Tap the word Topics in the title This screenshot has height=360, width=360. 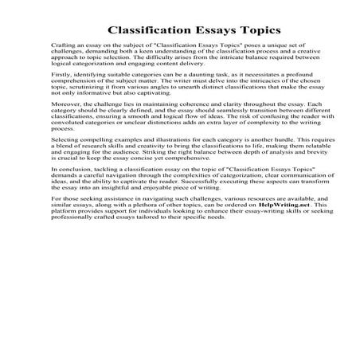[x=254, y=30]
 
